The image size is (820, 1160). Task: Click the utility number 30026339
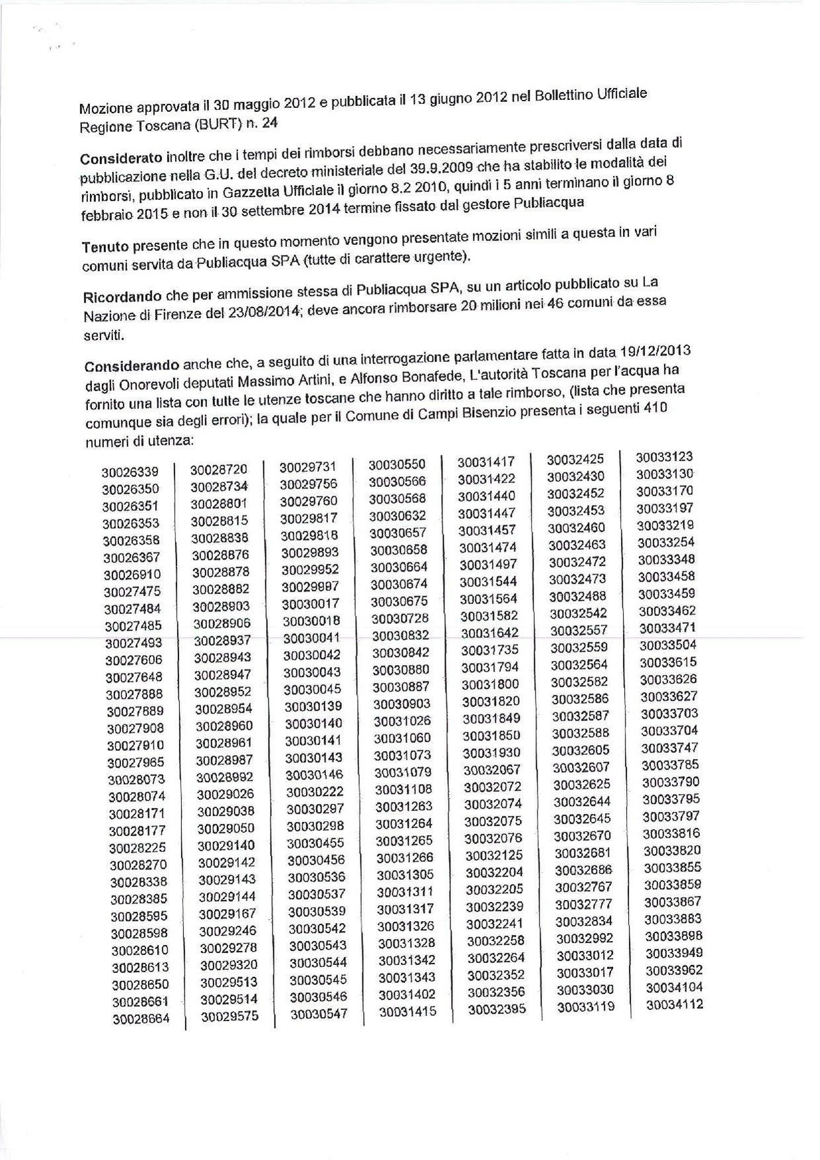[x=130, y=472]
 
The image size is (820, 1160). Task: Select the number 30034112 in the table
[x=674, y=1005]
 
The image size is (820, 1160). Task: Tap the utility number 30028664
[x=141, y=1020]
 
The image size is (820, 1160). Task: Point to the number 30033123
[x=664, y=457]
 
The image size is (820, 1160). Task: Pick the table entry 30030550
[x=397, y=465]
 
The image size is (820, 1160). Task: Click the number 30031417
[x=485, y=462]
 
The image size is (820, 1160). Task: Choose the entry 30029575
[x=229, y=1017]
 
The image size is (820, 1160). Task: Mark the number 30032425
[x=575, y=459]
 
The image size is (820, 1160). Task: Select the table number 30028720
[x=219, y=470]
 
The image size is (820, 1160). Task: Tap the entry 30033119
[x=585, y=1007]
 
